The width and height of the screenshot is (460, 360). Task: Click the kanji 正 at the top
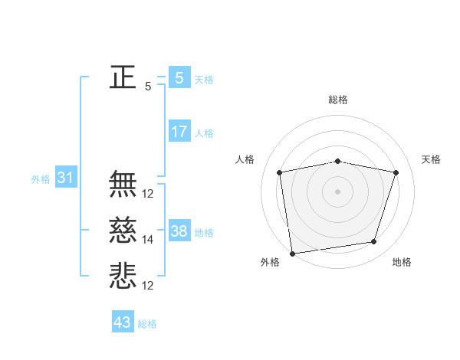(123, 77)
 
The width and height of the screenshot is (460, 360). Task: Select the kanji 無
(123, 184)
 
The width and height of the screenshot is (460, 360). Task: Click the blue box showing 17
(179, 132)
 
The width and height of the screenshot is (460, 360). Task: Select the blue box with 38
(179, 231)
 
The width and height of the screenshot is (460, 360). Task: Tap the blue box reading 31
(65, 178)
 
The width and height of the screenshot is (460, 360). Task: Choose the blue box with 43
(123, 322)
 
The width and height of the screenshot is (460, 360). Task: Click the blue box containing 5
(179, 77)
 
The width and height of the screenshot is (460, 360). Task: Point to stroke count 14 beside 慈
(148, 240)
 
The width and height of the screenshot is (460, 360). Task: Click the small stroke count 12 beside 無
(148, 194)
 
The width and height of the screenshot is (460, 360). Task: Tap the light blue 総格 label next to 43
(147, 324)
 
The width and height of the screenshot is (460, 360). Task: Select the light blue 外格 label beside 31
(41, 179)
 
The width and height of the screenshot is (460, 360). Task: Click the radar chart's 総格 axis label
(337, 100)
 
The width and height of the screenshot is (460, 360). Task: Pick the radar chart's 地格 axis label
(402, 263)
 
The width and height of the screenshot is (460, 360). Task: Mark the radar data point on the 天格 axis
(396, 172)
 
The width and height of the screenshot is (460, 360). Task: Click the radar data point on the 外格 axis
(292, 253)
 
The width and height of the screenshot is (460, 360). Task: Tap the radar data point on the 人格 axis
(280, 172)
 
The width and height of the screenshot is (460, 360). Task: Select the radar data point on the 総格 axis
(337, 161)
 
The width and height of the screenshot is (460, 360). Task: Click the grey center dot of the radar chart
(337, 191)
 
